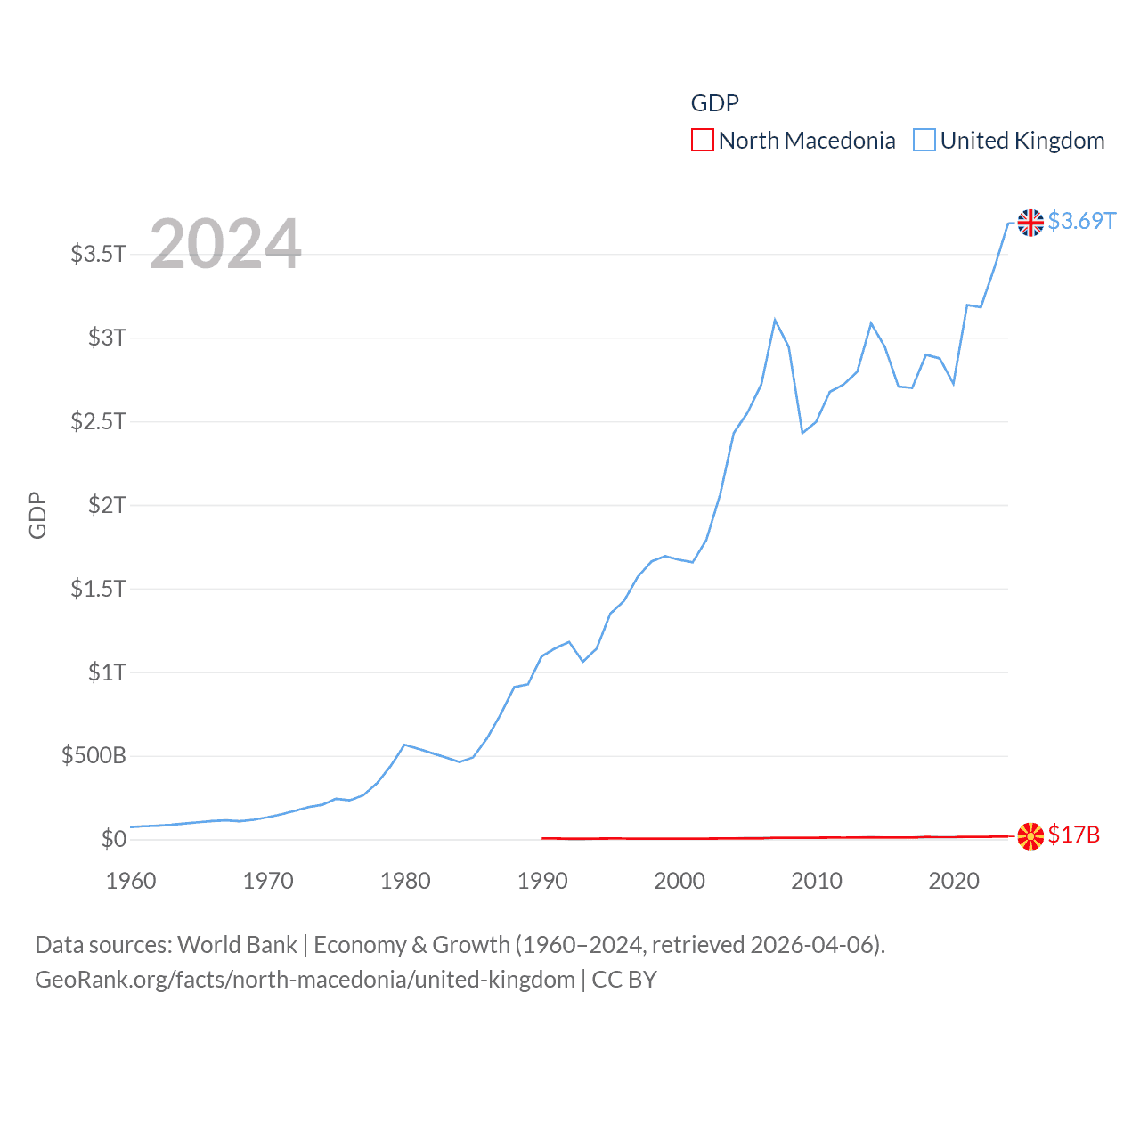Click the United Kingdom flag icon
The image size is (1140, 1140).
(1030, 223)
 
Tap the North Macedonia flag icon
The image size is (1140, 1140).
(1030, 835)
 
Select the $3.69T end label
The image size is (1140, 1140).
(1081, 221)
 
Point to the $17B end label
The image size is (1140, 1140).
(1073, 835)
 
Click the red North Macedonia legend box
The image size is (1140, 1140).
(702, 141)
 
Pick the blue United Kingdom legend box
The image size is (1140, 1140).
(924, 141)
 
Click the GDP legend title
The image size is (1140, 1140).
(714, 103)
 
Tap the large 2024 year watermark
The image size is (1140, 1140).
(225, 243)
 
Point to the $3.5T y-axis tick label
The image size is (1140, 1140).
(98, 254)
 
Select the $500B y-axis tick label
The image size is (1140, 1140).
(94, 756)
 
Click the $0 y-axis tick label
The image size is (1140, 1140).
(113, 839)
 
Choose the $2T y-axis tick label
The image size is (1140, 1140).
(107, 505)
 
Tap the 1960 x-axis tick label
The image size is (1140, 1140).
(131, 881)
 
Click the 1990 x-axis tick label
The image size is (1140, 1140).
(542, 881)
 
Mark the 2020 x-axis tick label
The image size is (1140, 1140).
(954, 881)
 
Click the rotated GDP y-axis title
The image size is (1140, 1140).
(37, 515)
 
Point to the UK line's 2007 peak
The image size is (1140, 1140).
(775, 320)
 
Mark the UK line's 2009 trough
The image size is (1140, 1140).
(802, 433)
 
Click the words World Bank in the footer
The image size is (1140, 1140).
(237, 945)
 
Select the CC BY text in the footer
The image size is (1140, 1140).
(624, 980)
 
